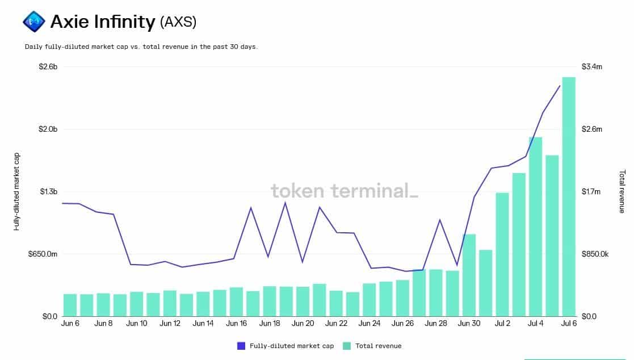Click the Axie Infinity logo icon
(33, 22)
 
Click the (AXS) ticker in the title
(178, 22)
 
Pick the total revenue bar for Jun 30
(469, 275)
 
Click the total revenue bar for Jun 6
(70, 305)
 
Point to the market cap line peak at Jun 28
(440, 220)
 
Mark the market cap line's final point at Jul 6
(560, 86)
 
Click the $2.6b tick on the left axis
(48, 67)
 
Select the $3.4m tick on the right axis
(592, 67)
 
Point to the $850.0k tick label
(595, 254)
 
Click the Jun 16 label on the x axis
(236, 324)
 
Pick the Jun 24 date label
(370, 324)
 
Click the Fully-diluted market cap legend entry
(285, 346)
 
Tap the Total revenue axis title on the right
(622, 191)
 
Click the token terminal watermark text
(344, 191)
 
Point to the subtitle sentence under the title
(141, 47)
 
